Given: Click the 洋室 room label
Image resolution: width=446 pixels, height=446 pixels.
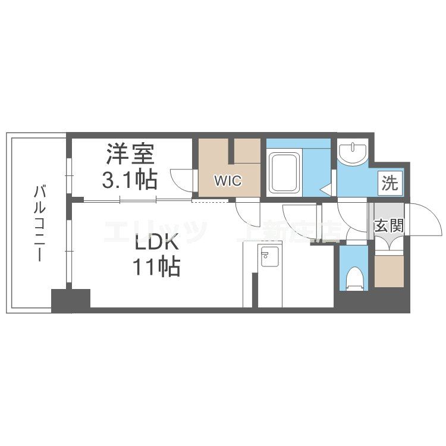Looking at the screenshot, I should (131, 154).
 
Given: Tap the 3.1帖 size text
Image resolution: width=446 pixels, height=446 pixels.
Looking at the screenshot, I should (130, 178).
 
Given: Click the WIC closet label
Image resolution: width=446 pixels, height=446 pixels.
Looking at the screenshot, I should (228, 181).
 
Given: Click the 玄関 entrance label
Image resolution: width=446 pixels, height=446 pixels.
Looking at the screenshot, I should (390, 226).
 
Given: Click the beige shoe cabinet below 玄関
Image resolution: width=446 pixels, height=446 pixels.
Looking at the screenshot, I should (389, 270).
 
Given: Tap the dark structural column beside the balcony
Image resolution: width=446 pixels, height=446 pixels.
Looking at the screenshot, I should (70, 300).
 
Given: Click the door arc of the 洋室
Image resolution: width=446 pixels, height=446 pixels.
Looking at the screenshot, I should (181, 179).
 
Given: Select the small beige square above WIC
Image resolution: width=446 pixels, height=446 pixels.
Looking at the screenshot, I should (246, 151).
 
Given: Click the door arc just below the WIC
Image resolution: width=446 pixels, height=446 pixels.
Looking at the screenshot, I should (246, 211).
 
